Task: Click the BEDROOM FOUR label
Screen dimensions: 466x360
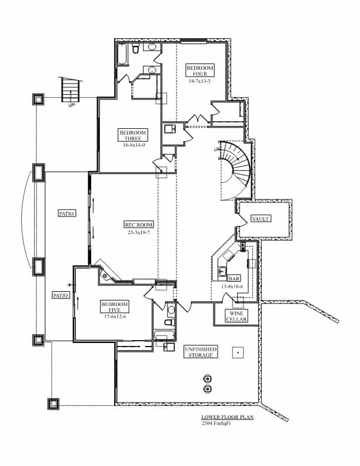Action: tap(200, 71)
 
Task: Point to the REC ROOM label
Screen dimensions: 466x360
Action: tap(139, 225)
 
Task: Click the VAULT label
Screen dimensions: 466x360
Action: tap(261, 218)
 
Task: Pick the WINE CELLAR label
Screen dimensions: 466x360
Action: tap(236, 316)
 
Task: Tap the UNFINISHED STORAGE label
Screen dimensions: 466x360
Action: tap(200, 351)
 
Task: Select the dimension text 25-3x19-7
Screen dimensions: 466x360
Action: tap(139, 232)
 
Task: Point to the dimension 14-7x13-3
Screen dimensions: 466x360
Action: tap(200, 82)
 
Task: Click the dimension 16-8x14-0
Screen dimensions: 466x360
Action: tap(133, 144)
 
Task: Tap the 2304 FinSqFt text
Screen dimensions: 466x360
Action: tap(216, 423)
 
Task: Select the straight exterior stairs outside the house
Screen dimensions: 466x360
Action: tap(70, 91)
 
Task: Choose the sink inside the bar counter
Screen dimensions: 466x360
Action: tap(222, 271)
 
